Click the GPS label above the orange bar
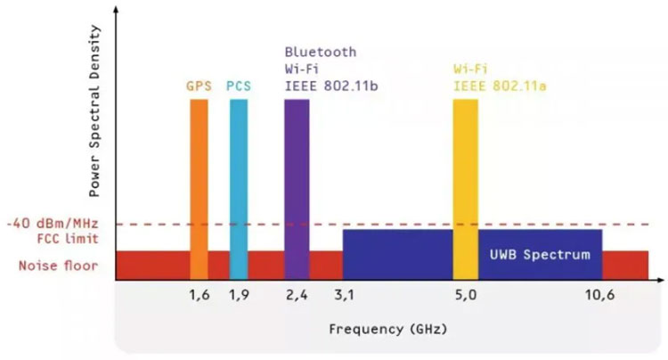(199, 86)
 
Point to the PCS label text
(239, 86)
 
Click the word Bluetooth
(320, 53)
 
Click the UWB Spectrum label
(540, 255)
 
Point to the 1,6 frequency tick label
(199, 296)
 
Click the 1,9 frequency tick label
(239, 296)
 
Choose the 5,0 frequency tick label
(465, 296)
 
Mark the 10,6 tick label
(601, 296)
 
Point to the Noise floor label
(58, 265)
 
